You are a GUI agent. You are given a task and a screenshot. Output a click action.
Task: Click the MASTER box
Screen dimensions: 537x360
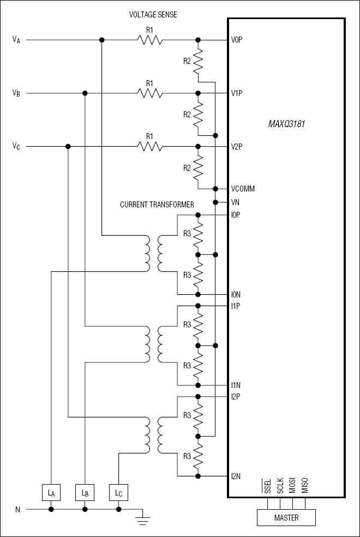point(286,517)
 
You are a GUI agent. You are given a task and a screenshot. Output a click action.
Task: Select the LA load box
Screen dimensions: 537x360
point(51,493)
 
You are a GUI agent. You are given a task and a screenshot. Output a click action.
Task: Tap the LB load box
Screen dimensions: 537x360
point(85,493)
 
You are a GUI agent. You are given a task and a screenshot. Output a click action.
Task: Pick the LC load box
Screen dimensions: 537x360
point(118,493)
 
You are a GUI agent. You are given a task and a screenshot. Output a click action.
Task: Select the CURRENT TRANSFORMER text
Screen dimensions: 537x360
point(157,205)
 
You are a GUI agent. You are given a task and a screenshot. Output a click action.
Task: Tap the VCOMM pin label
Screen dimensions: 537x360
point(243,189)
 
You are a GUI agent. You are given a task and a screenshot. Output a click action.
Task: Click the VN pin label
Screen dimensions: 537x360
point(235,202)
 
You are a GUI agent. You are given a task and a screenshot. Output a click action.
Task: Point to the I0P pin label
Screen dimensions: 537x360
point(236,215)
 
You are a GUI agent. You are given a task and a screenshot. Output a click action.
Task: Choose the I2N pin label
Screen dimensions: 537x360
point(236,476)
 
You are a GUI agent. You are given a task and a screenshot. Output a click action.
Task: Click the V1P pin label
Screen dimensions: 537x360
point(237,93)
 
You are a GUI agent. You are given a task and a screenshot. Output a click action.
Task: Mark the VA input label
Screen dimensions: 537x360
point(16,40)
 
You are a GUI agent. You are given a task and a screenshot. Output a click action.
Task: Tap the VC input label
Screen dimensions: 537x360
point(16,147)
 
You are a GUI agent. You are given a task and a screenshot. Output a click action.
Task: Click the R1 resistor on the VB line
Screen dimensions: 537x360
point(150,93)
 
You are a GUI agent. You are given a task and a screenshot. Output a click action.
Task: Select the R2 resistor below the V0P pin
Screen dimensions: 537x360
point(197,61)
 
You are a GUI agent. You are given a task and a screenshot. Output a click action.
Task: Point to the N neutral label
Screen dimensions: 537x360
point(17,510)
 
